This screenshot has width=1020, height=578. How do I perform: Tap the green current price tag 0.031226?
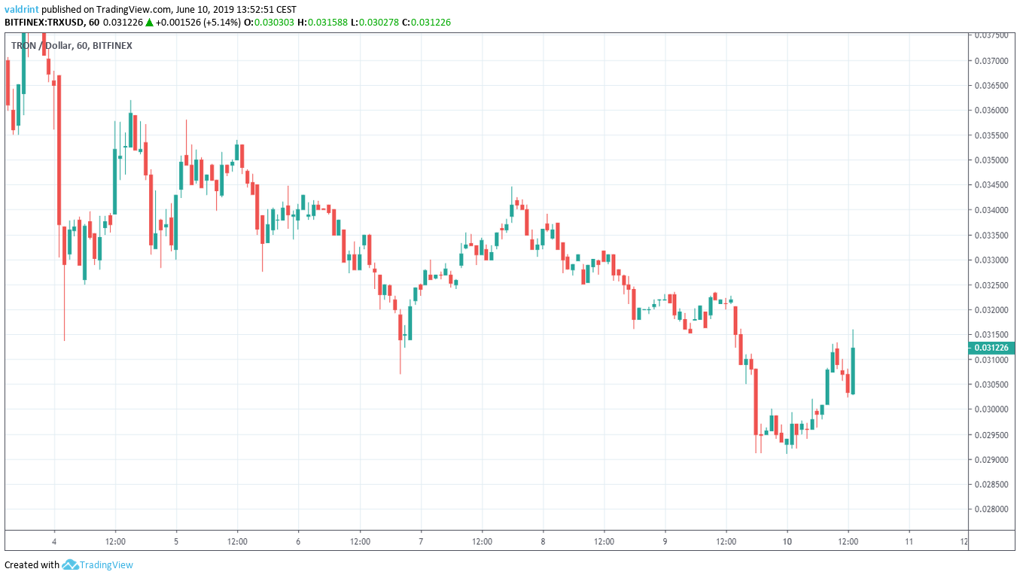coord(991,348)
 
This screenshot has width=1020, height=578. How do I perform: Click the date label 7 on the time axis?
coord(421,541)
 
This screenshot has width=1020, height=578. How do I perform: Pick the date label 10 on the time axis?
coord(787,541)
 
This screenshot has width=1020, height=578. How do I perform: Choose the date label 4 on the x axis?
coord(54,541)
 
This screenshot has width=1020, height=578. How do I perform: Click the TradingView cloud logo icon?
coord(71,564)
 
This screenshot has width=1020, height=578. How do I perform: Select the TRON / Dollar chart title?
coord(41,46)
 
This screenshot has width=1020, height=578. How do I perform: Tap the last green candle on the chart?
coord(853,370)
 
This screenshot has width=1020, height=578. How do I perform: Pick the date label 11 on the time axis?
coord(909,541)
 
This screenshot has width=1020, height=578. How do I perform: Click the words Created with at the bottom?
coord(32,564)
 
